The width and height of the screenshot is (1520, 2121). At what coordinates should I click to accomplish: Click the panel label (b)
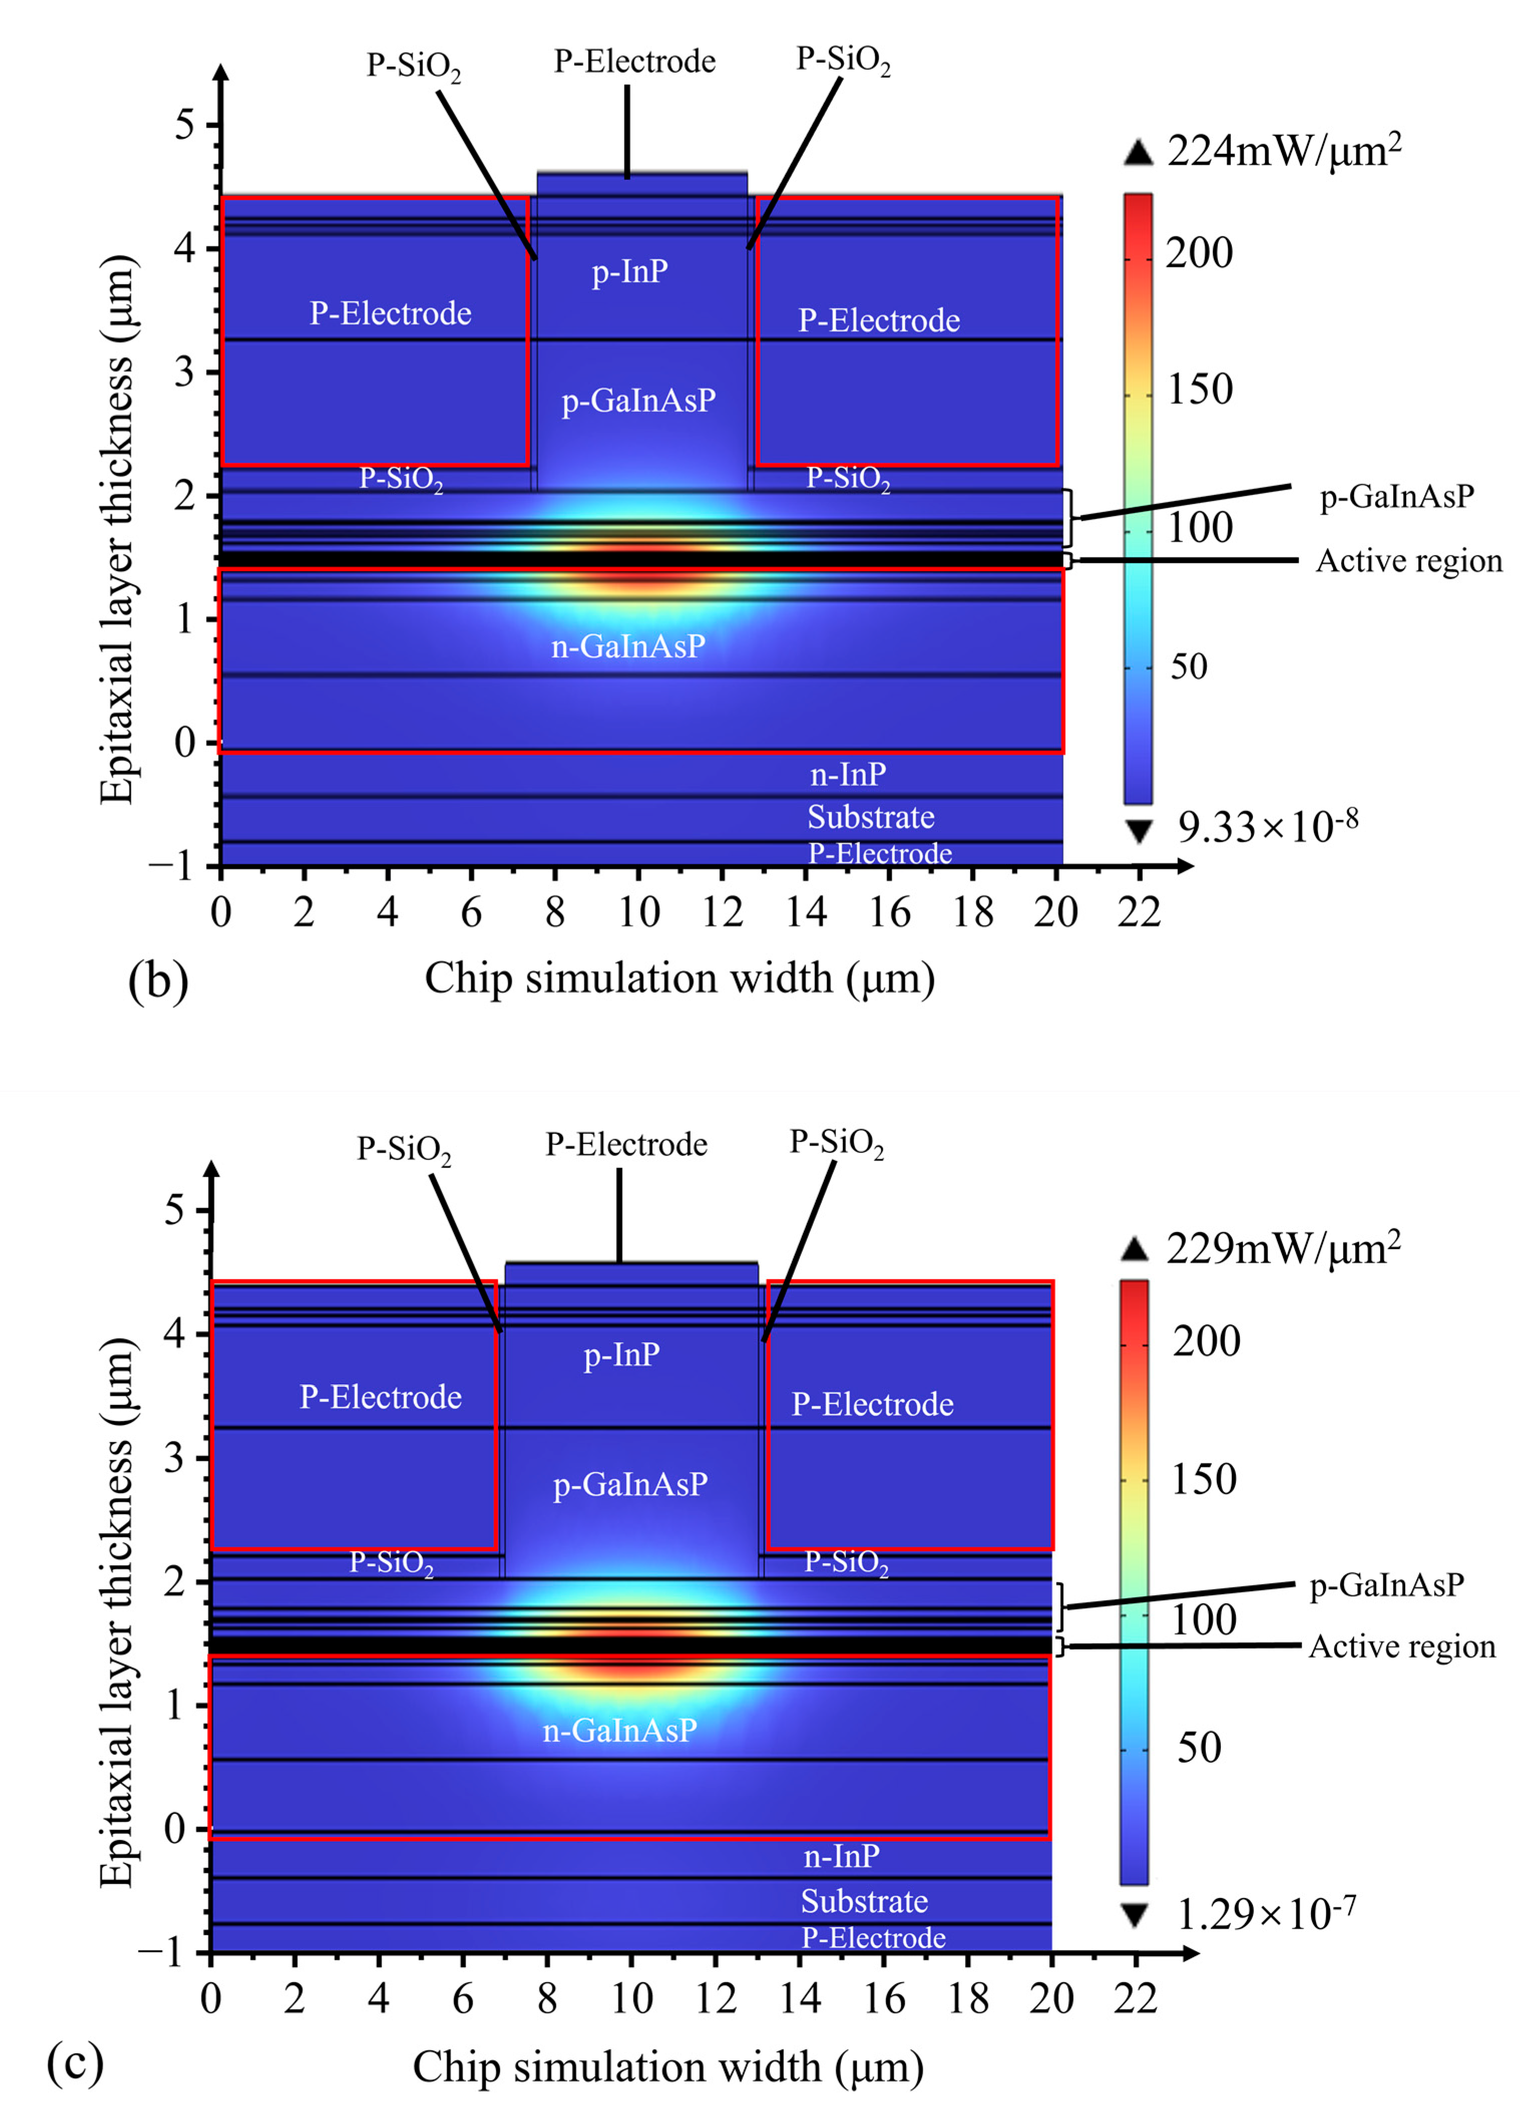[158, 982]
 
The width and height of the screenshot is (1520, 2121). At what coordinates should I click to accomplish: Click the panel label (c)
[75, 2062]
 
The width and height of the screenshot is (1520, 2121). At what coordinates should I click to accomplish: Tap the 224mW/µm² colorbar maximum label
[1283, 150]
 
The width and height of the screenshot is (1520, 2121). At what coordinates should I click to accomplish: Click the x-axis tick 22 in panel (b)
[1138, 912]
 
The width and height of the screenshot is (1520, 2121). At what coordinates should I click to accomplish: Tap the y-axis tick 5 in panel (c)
[175, 1210]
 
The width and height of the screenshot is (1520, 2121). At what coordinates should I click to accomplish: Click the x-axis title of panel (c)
[668, 2067]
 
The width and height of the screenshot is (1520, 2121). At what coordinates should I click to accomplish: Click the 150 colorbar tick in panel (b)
[1200, 389]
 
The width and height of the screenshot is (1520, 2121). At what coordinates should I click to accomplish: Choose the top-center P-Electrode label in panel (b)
[634, 62]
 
